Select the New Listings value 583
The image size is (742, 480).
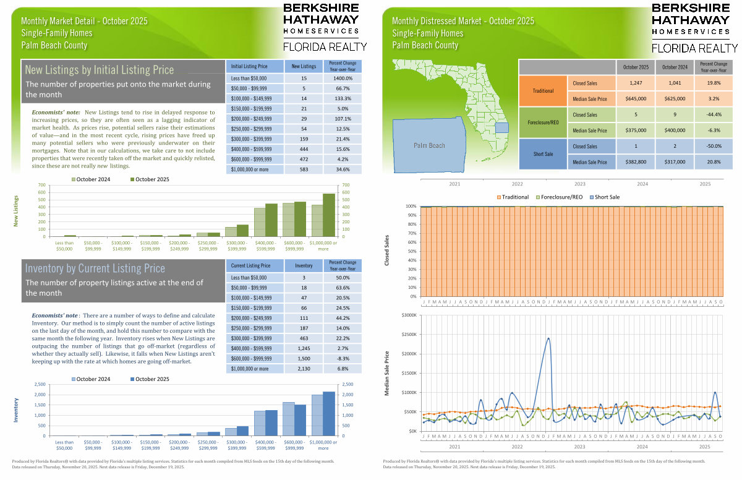pos(304,169)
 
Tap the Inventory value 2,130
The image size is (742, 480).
pos(304,369)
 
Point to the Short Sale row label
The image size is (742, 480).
pos(544,154)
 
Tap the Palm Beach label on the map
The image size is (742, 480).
pos(429,145)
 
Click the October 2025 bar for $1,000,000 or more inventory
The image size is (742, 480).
pos(330,413)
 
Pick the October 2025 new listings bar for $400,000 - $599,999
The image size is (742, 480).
pos(271,220)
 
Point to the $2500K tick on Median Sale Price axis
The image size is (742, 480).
pos(410,335)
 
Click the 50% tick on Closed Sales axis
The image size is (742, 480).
pos(411,252)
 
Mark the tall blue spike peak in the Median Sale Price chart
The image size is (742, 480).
pos(548,338)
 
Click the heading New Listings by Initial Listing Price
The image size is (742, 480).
pos(100,70)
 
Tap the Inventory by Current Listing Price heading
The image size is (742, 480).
pos(95,268)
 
